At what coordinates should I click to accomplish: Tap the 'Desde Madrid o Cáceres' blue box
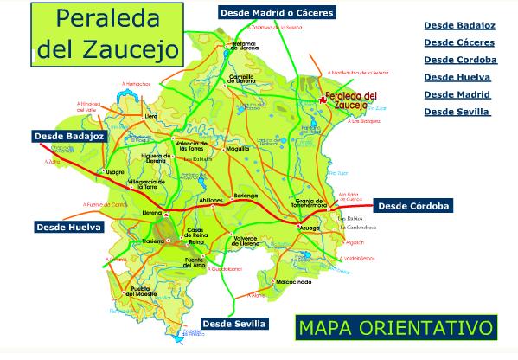276,13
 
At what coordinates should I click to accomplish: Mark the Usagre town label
114,172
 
